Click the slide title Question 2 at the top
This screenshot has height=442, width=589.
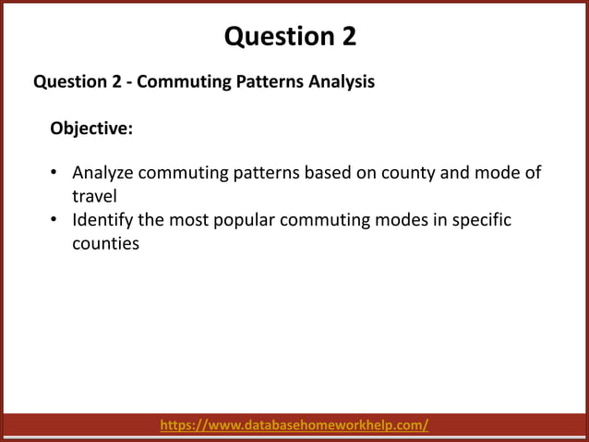290,37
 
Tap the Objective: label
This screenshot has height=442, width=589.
91,129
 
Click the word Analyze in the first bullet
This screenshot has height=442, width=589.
102,174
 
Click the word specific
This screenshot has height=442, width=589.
478,221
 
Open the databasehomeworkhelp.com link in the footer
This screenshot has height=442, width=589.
294,425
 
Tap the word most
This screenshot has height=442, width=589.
192,221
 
